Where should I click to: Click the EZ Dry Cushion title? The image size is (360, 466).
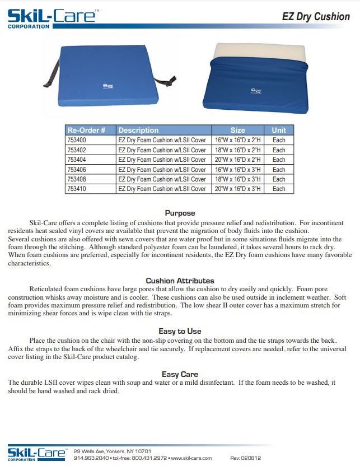click(x=316, y=16)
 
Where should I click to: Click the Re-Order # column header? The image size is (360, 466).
click(x=86, y=130)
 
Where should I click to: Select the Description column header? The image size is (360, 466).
click(x=138, y=130)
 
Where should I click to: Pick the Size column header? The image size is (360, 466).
click(x=237, y=130)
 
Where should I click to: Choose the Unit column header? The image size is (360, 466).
click(x=278, y=130)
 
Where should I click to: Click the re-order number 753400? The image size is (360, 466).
click(x=77, y=140)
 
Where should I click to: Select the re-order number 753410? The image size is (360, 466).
click(x=77, y=189)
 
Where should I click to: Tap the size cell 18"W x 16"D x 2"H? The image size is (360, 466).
click(x=237, y=150)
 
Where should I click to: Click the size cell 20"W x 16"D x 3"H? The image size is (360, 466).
click(x=237, y=189)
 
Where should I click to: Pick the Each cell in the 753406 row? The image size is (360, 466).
click(x=278, y=170)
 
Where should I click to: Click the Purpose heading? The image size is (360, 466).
click(x=180, y=213)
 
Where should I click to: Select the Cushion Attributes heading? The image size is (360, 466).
click(x=180, y=281)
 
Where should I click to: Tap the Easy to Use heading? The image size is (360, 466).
click(x=180, y=331)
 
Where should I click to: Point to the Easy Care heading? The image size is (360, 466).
click(x=180, y=374)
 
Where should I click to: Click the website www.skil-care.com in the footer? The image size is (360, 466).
click(x=191, y=458)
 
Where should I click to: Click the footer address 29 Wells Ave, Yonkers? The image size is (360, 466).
click(x=112, y=451)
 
